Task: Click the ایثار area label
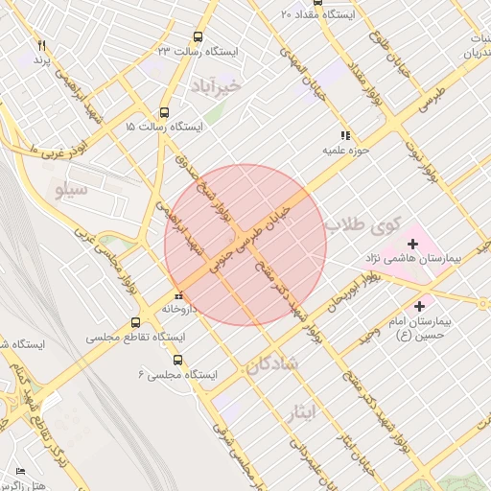[x=300, y=412]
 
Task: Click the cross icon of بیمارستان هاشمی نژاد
[x=413, y=245]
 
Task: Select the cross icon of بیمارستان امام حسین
[x=420, y=306]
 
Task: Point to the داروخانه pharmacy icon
[x=178, y=293]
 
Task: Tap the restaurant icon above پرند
[x=41, y=45]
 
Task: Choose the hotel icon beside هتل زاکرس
[x=21, y=472]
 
